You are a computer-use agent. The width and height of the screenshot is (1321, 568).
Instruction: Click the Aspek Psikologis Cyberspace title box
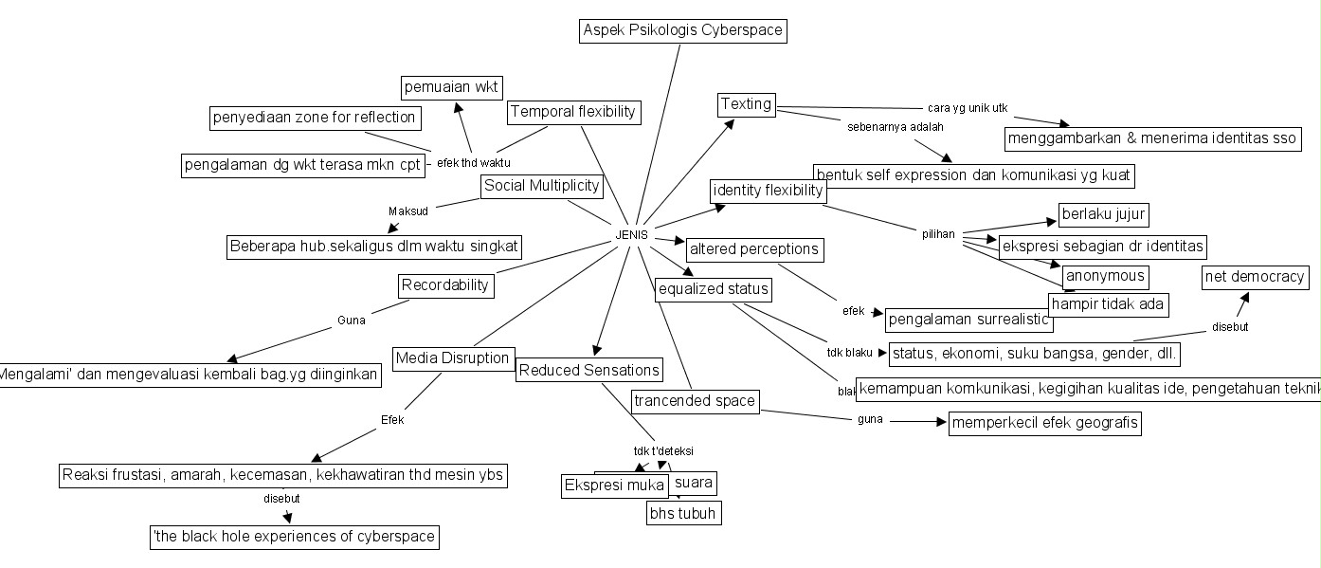(682, 30)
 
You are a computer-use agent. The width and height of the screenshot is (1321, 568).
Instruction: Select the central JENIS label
(631, 235)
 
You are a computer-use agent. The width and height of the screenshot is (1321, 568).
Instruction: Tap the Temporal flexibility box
(573, 112)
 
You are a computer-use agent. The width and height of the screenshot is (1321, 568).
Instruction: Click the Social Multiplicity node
(542, 186)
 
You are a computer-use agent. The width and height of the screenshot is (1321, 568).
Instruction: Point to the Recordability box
(445, 284)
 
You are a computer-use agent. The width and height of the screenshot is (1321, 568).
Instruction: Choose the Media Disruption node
(454, 358)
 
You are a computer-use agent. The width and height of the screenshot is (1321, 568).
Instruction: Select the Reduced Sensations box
(588, 370)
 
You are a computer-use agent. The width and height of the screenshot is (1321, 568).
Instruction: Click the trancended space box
(696, 401)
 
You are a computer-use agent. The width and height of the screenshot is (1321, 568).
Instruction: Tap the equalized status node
(713, 288)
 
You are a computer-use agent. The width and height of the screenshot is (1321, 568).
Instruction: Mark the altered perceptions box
(753, 250)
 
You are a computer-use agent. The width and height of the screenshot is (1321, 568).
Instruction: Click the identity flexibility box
(769, 191)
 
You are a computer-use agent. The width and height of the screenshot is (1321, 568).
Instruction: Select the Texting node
(747, 104)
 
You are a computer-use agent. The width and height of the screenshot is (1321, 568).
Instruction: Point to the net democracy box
(1256, 278)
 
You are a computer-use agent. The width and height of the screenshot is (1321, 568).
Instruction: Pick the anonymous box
(1106, 277)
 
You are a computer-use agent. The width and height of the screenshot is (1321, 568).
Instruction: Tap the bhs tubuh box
(683, 513)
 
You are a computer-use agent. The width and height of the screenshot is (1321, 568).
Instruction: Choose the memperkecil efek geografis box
(1044, 424)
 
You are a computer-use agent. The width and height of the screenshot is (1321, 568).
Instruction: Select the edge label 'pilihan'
(938, 233)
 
